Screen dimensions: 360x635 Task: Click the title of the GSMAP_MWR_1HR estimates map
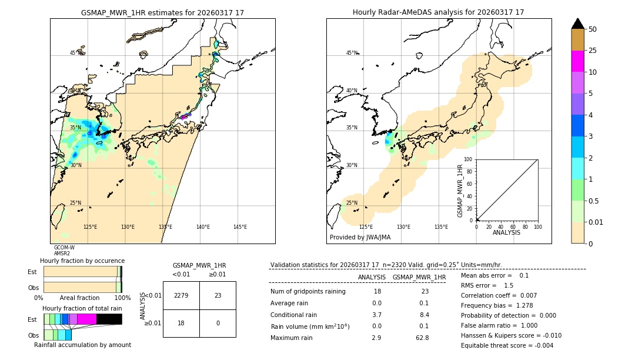[x=162, y=12]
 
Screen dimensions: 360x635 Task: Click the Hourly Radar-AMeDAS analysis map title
[x=438, y=12]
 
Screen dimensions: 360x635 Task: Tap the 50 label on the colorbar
[x=593, y=29]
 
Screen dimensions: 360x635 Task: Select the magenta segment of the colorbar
[x=577, y=61]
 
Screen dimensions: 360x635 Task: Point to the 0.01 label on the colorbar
[x=596, y=222]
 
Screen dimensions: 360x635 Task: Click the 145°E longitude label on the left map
[x=240, y=227]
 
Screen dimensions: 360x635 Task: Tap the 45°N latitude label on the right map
[x=351, y=53]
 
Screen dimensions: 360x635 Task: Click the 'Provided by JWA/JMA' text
[x=360, y=238]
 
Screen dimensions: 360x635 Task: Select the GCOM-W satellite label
[x=64, y=248]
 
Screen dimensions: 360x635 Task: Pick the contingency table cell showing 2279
[x=181, y=295]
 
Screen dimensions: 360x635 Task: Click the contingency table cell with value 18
[x=181, y=323]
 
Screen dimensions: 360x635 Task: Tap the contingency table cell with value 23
[x=218, y=295]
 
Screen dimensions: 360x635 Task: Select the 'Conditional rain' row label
[x=295, y=315]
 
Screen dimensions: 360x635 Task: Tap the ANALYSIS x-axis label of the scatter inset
[x=506, y=233]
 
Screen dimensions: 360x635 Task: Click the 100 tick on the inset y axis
[x=469, y=159]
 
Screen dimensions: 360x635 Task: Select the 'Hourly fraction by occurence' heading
[x=82, y=261]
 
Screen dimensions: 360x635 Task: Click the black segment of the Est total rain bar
[x=109, y=319]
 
